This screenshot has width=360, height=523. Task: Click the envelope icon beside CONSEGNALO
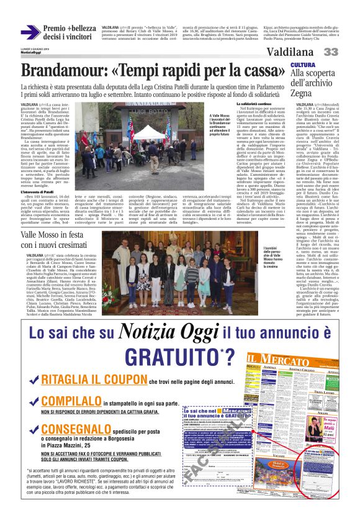pyautogui.click(x=31, y=429)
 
